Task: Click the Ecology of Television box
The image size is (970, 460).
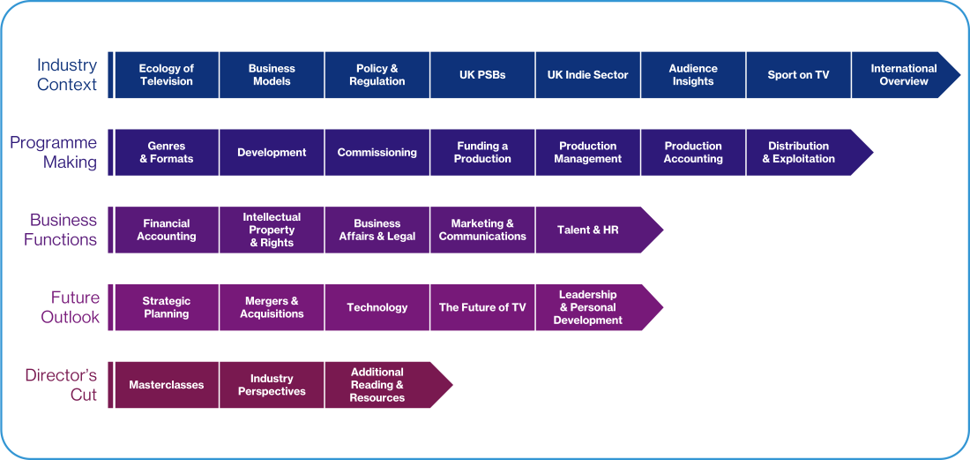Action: pos(167,75)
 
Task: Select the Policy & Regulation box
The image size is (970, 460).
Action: pos(377,75)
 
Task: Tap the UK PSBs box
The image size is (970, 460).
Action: pos(482,75)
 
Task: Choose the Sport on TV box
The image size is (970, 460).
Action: pos(798,75)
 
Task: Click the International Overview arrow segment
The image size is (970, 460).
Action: pos(903,75)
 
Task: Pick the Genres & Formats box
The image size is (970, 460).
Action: pos(167,153)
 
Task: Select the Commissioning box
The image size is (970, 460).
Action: pos(377,153)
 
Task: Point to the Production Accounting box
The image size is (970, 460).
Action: pos(693,153)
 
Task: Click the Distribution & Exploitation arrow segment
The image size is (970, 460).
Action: pos(800,153)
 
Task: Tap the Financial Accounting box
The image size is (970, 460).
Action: pos(167,230)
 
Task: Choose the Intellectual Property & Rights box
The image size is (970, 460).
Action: pos(272,230)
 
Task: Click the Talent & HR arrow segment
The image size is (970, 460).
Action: pos(589,230)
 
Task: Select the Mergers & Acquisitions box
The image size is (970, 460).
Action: pos(272,307)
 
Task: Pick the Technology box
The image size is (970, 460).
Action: pos(377,307)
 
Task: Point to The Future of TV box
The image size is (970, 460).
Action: pos(482,307)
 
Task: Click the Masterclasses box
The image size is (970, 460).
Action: pos(167,385)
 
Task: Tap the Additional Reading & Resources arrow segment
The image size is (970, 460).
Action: pos(378,385)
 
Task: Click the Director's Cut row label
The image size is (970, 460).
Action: pos(61,385)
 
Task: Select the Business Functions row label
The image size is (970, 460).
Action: pos(61,230)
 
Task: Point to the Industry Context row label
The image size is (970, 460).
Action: pos(66,75)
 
